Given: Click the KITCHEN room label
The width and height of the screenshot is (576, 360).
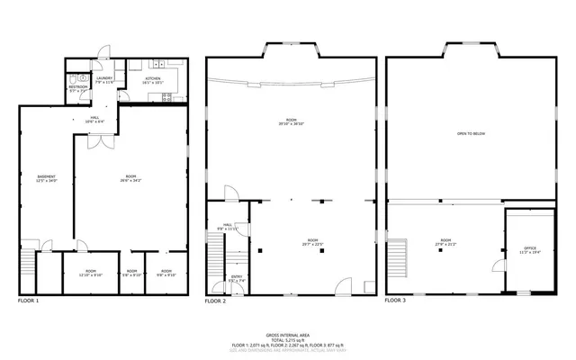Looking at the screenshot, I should (x=153, y=78).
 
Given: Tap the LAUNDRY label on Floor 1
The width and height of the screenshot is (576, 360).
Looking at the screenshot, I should (x=105, y=78).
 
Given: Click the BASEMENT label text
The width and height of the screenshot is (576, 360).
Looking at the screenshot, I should (x=47, y=175).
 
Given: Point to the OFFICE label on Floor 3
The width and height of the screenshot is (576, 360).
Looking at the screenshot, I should (x=529, y=247).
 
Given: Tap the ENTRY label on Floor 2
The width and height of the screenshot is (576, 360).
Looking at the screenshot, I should (x=237, y=276).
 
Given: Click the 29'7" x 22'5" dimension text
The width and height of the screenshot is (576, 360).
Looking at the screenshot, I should (x=313, y=244).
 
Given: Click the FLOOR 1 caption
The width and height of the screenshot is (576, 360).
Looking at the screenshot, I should (x=30, y=301).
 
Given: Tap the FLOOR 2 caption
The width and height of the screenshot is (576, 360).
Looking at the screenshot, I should (x=215, y=301).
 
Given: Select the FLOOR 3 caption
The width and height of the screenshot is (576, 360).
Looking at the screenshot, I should (x=396, y=301).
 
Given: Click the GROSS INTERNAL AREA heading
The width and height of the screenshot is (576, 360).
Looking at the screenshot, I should (x=288, y=332).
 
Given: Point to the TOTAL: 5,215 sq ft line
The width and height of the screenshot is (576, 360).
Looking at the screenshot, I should (x=288, y=338).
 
